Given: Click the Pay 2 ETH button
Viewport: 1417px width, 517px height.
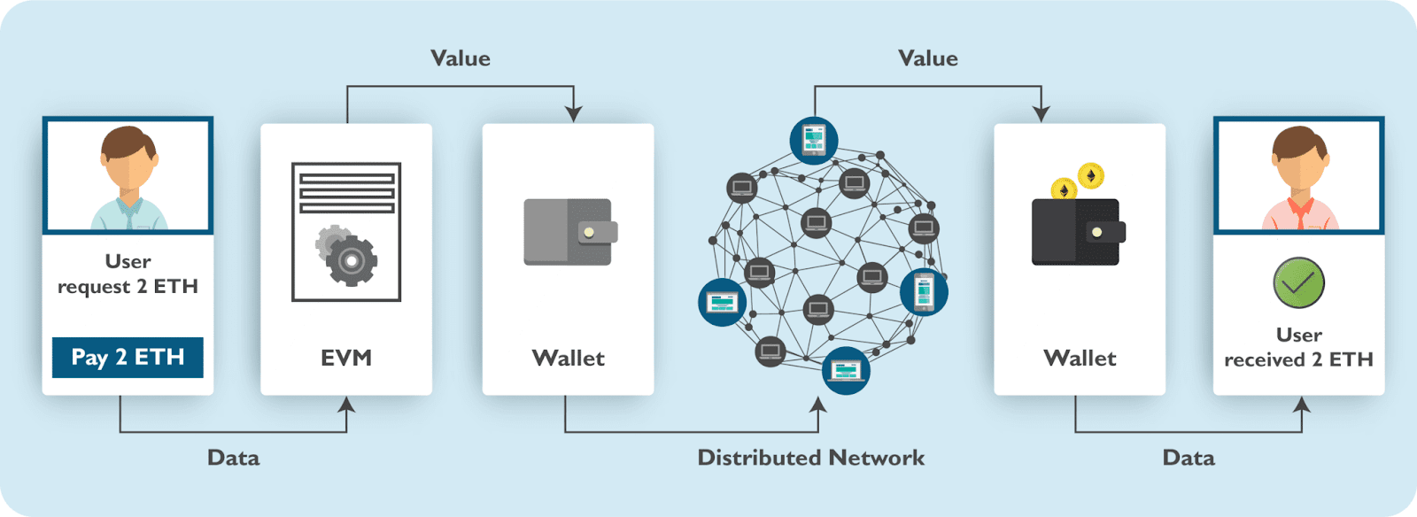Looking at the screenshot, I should coord(128,357).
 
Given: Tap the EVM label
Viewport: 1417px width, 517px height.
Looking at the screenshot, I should coord(346,358).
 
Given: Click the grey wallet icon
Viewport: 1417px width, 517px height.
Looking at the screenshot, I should coord(569,232).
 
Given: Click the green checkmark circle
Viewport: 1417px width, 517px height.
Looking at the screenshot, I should coord(1298,283).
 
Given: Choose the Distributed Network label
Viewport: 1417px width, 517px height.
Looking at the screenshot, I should coord(810,458).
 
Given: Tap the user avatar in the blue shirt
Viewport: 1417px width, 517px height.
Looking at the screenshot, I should coord(128,176).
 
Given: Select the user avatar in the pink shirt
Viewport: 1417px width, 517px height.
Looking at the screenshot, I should coord(1298,176).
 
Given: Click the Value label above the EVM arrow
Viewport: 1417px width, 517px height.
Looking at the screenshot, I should coord(461,58).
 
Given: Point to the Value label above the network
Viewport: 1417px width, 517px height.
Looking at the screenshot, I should coord(928,58).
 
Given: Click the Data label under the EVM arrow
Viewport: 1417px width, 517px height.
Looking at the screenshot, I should coord(233,458).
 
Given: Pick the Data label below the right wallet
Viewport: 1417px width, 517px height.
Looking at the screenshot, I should coord(1189,458).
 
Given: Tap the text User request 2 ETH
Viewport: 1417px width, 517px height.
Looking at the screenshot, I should coord(128,274).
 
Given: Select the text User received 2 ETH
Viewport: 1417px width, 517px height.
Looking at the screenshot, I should coord(1298,347).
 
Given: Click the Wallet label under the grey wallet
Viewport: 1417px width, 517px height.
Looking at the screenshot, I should coord(569,358).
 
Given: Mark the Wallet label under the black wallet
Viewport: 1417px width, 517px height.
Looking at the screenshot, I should coord(1080,358).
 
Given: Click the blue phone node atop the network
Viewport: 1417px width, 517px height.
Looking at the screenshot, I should coord(814,140).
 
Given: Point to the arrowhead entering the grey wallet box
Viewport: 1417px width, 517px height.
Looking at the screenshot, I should coord(574,114).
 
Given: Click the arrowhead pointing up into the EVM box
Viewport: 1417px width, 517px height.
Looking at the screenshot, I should coord(346,405).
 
